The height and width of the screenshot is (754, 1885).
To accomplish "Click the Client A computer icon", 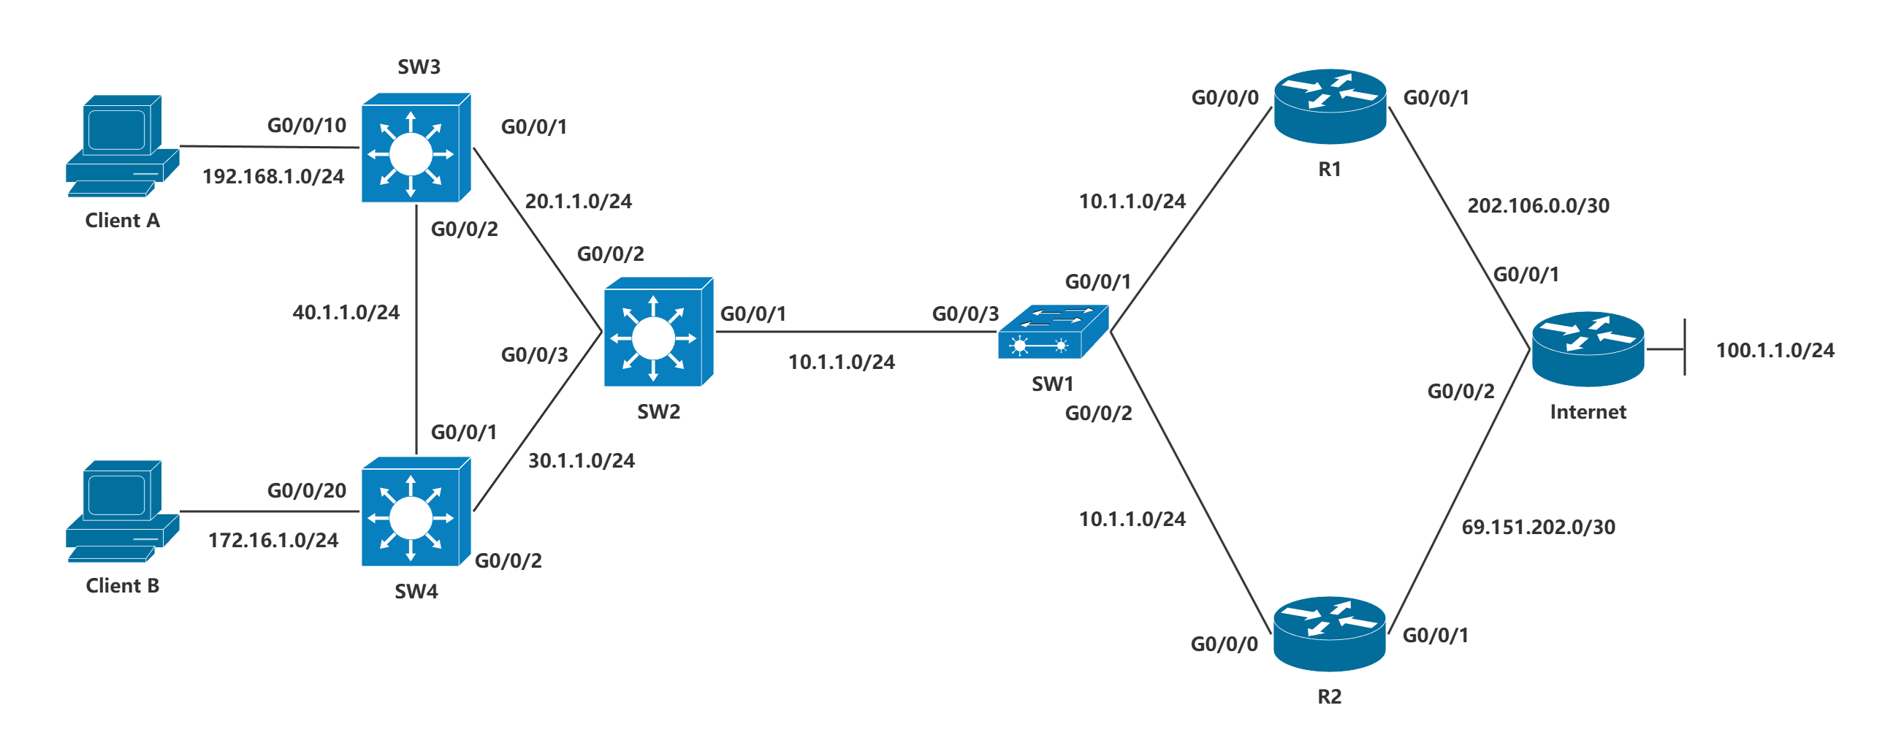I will point(122,145).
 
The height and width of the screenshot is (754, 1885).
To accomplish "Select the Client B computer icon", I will point(122,511).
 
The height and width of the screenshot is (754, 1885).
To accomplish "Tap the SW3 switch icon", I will point(416,147).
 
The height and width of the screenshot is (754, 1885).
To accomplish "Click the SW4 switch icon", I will point(416,511).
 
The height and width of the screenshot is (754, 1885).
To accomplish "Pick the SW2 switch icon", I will point(658,332).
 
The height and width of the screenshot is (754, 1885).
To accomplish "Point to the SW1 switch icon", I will point(1053,332).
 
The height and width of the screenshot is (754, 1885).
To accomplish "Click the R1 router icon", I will point(1330,107).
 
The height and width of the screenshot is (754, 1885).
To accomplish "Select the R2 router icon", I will point(1330,634).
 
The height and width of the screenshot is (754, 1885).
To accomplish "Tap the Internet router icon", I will point(1588,349).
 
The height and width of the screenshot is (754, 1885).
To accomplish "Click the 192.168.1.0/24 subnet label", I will point(273,176).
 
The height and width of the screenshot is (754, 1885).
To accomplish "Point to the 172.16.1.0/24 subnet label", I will point(273,540).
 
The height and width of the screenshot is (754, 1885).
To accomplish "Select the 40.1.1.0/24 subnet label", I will point(346,313).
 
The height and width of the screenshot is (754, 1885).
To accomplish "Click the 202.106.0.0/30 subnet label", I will point(1538,206).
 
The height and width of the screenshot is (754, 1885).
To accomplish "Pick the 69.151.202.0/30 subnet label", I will point(1538,527).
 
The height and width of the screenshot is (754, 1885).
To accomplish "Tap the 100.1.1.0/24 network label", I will point(1775,350).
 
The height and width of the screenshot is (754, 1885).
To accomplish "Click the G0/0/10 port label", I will point(307,126).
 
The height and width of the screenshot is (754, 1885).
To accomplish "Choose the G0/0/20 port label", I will point(307,490).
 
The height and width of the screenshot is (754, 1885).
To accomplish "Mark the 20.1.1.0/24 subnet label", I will point(578,202).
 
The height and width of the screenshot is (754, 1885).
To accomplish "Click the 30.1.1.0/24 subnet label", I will point(582,460).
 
